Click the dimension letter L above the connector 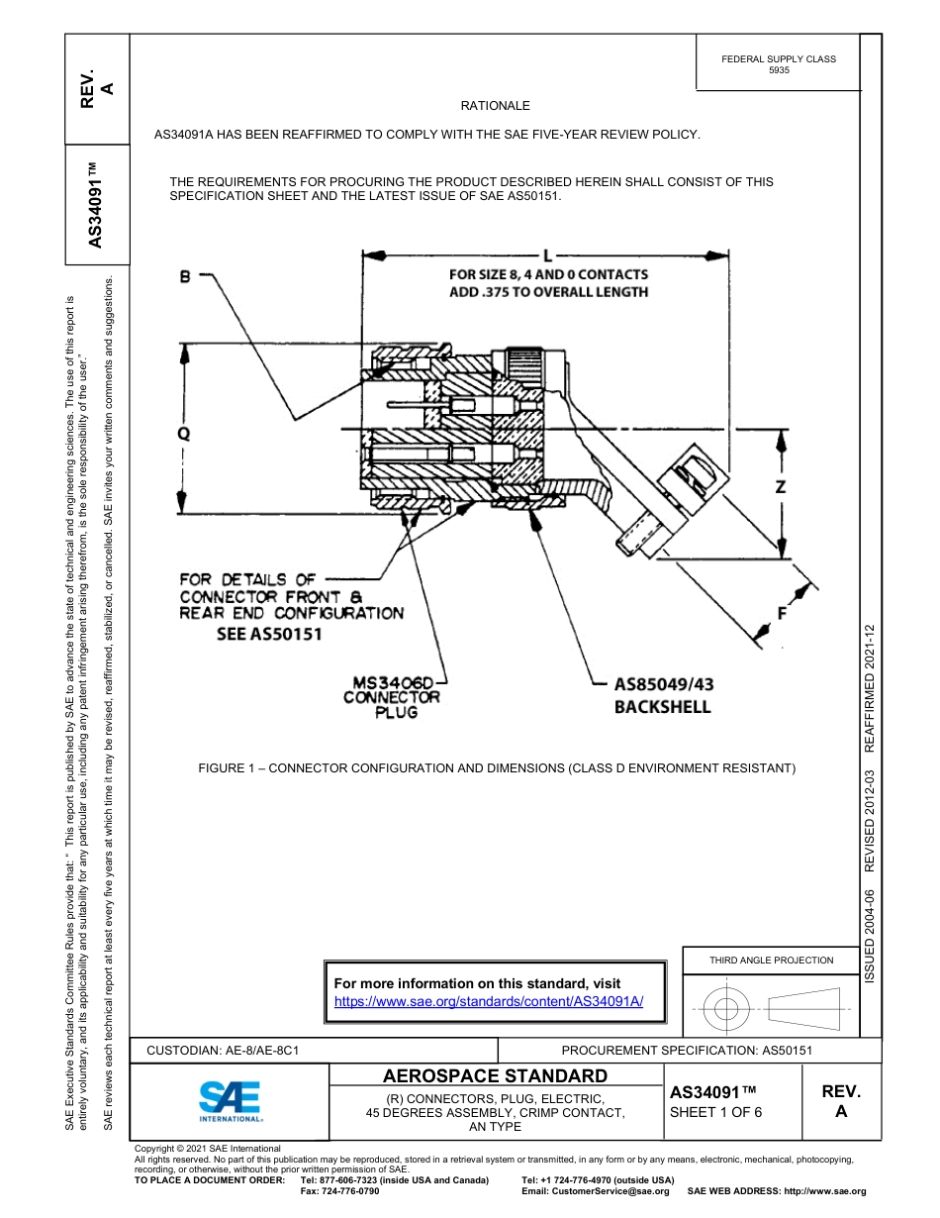click(x=547, y=254)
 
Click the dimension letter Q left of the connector click(x=183, y=434)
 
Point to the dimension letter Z click(x=781, y=486)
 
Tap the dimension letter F click(x=782, y=613)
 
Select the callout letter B click(x=185, y=278)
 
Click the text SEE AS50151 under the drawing click(x=269, y=634)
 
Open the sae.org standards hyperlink click(x=489, y=1001)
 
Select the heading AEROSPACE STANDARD click(x=495, y=1076)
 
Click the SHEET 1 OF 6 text click(x=715, y=1112)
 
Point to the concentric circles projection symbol click(x=726, y=1010)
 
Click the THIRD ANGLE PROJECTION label click(x=771, y=960)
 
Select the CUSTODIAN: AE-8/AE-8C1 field click(x=223, y=1050)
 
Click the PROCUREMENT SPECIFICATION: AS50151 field click(x=687, y=1050)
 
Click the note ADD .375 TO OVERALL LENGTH click(x=548, y=292)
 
